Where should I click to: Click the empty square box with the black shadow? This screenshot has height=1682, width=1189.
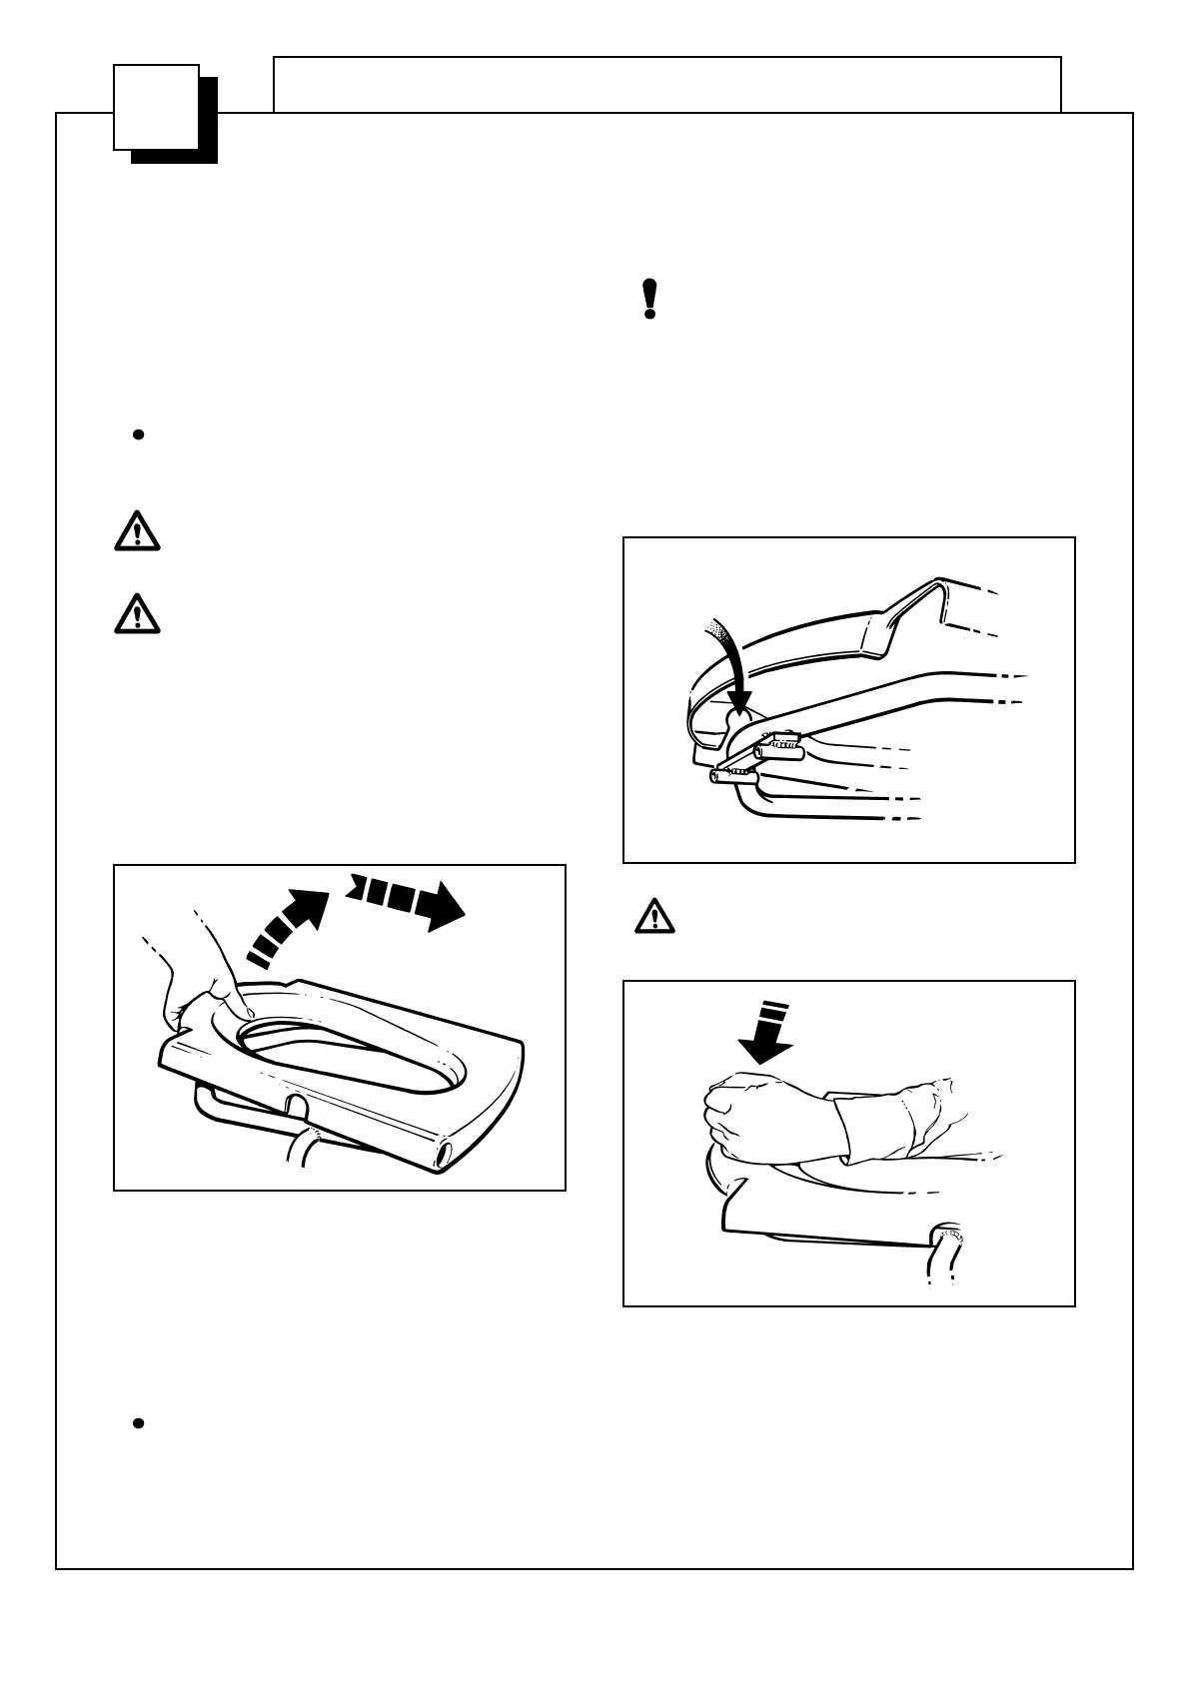pos(157,107)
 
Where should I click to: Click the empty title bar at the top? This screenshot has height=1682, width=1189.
pos(666,84)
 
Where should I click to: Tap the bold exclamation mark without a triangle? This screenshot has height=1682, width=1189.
pos(649,299)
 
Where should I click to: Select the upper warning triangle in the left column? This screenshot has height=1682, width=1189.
pos(137,531)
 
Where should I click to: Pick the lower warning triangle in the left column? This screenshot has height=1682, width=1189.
pos(137,613)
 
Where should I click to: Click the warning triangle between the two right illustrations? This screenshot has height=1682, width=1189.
pos(654,916)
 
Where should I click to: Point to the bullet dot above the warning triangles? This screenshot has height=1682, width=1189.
pos(139,434)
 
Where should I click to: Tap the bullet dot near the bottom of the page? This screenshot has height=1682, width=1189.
pos(139,1423)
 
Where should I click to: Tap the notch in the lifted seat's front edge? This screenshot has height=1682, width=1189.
pos(296,1106)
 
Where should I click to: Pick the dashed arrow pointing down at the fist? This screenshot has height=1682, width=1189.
pos(765,1035)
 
